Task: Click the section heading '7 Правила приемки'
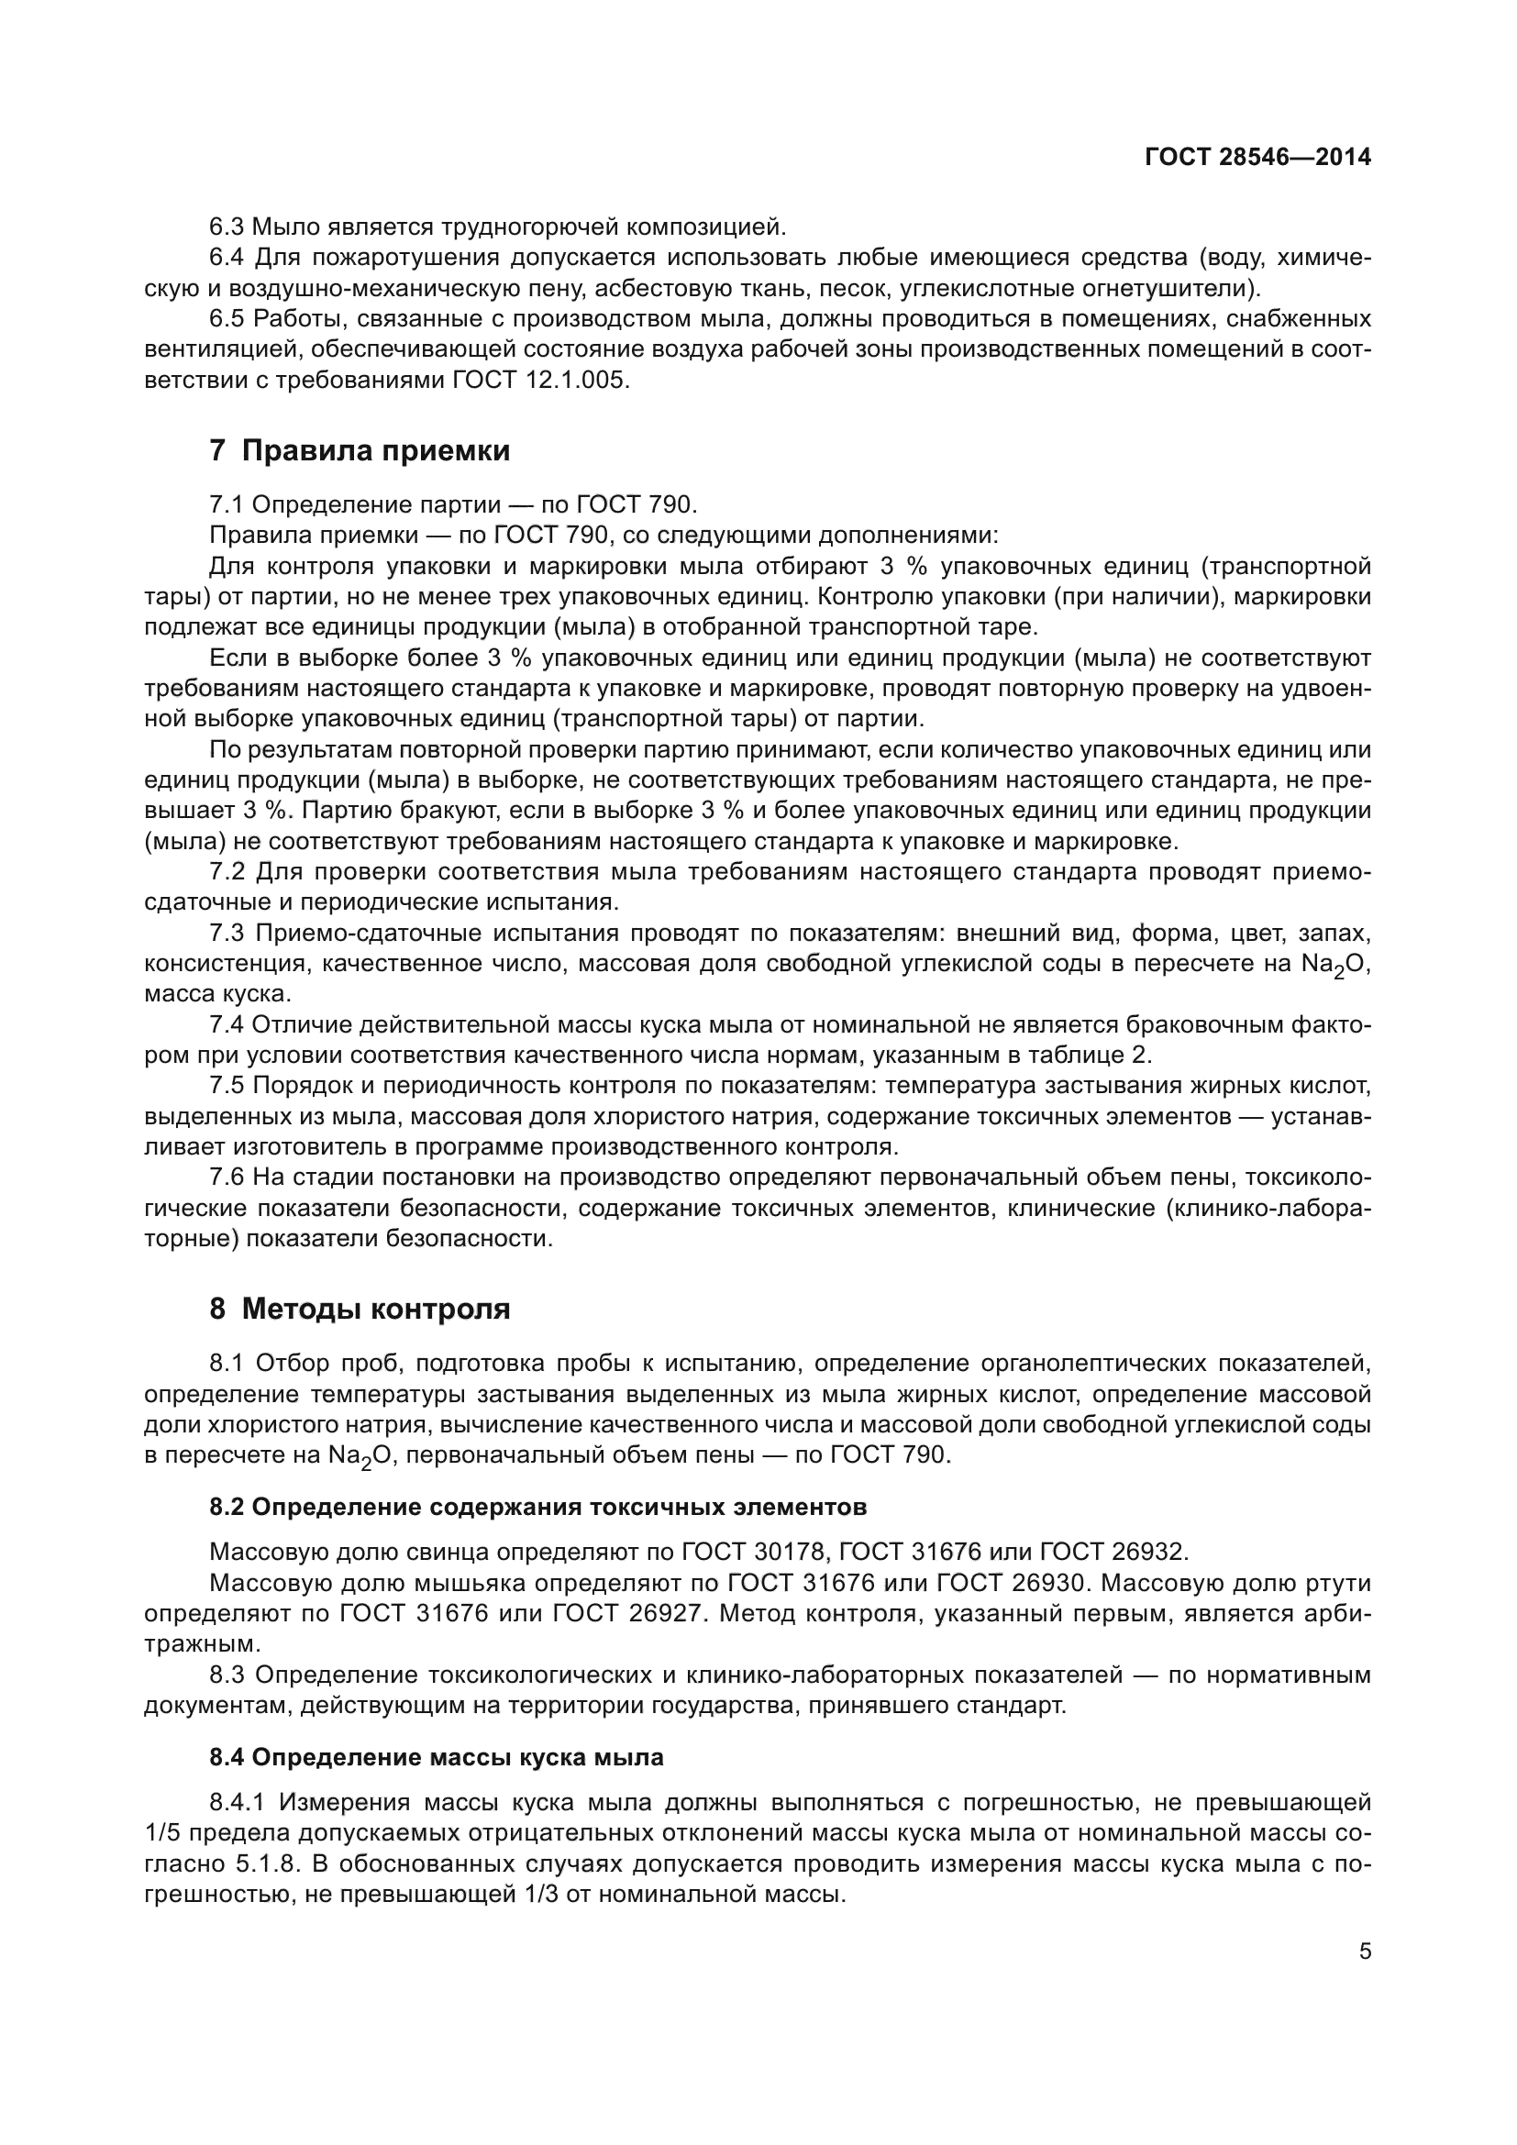click(x=360, y=451)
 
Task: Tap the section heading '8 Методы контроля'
click(x=360, y=1309)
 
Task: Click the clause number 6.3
click(x=227, y=227)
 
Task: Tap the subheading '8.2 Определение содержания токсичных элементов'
click(x=538, y=1507)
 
